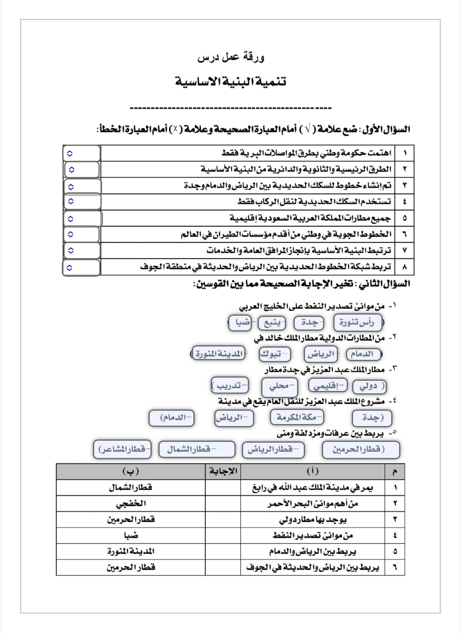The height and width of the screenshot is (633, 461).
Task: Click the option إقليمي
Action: pos(328,386)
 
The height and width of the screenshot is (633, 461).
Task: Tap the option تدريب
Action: pos(230,386)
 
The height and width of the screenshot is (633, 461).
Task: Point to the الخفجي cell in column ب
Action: pos(131,503)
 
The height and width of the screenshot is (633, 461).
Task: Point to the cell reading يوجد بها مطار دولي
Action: pos(312,519)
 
